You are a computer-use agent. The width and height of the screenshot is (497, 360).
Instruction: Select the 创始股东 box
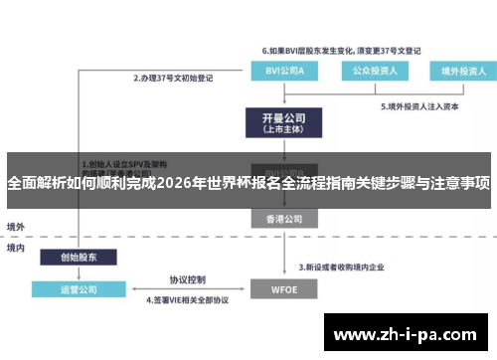click(x=81, y=257)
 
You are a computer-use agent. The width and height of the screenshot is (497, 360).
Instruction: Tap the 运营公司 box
click(x=81, y=290)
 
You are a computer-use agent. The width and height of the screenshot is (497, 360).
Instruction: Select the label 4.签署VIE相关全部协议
click(x=188, y=299)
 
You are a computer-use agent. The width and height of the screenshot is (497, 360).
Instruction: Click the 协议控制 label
click(x=187, y=278)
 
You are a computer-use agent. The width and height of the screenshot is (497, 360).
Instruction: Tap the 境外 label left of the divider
click(x=17, y=227)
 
